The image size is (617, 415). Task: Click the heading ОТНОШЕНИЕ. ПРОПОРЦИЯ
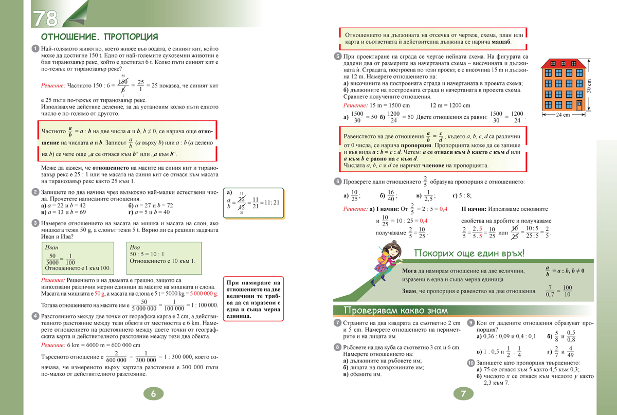coord(99,37)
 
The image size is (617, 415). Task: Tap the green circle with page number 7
coord(463,394)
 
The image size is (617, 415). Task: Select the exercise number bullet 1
coord(34,48)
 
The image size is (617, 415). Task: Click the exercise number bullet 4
coord(34,316)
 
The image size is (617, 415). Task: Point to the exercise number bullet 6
coord(337,182)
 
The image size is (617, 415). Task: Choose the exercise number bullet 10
coord(471,363)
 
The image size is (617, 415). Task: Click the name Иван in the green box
coord(52,247)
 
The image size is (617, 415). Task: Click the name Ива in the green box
coord(135,247)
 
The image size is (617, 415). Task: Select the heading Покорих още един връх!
coord(469,253)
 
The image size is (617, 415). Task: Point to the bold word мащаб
coord(501,41)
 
